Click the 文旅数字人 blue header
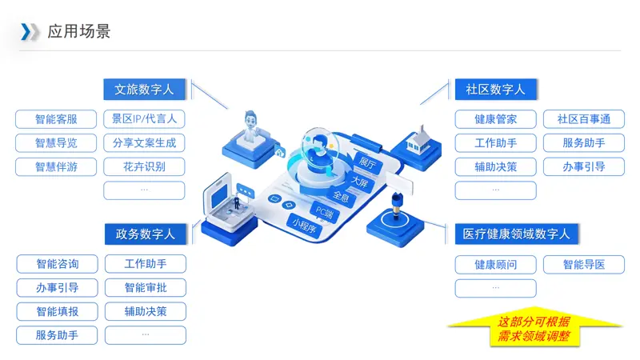(145, 90)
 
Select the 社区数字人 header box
(495, 90)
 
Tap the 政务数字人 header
(146, 234)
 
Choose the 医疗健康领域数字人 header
(516, 234)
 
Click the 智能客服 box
(56, 119)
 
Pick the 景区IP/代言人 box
(144, 119)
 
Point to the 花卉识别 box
(144, 167)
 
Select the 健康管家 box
(495, 119)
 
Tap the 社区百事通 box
(584, 119)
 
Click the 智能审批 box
(146, 288)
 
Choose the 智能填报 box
(57, 312)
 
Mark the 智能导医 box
(584, 265)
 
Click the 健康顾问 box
(495, 265)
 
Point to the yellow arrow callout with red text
(534, 327)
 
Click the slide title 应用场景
(78, 31)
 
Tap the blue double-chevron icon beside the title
(30, 32)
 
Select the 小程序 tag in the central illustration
(305, 226)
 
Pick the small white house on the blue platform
(418, 139)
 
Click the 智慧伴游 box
(56, 167)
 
